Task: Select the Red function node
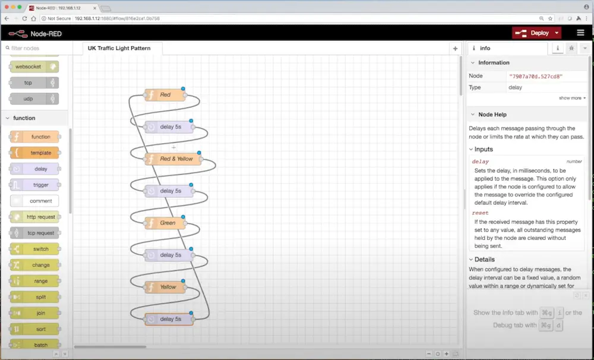pos(165,95)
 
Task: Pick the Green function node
pos(166,223)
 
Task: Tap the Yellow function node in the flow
pos(166,287)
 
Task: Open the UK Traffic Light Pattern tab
pos(119,48)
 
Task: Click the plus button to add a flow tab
pos(456,49)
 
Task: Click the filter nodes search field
pos(36,48)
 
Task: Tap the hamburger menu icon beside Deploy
pos(580,33)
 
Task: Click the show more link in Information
pos(572,98)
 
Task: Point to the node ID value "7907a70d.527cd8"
pos(535,76)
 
